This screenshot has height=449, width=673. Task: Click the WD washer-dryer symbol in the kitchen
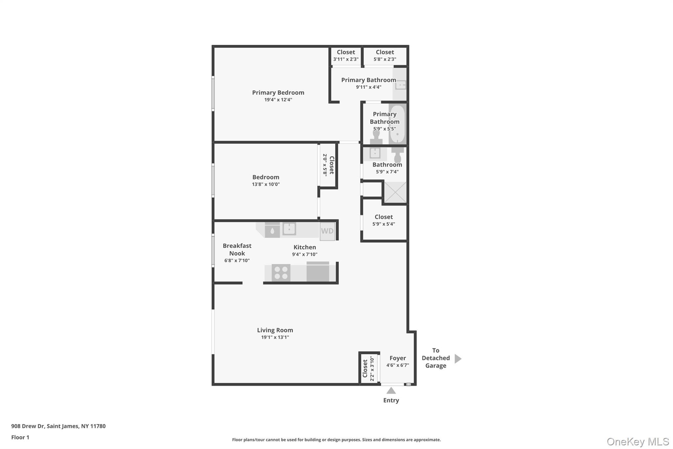327,231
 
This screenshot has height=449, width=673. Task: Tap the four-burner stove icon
281,273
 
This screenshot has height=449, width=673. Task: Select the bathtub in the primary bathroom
397,124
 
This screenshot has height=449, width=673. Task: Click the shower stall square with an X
395,192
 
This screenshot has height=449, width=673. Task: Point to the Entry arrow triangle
391,391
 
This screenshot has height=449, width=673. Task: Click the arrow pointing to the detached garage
458,359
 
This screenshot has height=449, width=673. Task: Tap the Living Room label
275,330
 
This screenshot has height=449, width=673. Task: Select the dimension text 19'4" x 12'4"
278,100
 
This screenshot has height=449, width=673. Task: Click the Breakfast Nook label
237,249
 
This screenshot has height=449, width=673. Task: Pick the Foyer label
398,358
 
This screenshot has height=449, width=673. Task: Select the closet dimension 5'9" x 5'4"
383,224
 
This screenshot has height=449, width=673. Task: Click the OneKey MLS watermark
638,441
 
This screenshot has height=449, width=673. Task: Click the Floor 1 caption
20,437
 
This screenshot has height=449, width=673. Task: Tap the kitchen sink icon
289,229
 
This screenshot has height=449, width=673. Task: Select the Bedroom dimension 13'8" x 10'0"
266,184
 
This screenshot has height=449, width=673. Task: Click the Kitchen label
305,247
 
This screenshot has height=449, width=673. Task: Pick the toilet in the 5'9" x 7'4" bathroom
398,154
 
